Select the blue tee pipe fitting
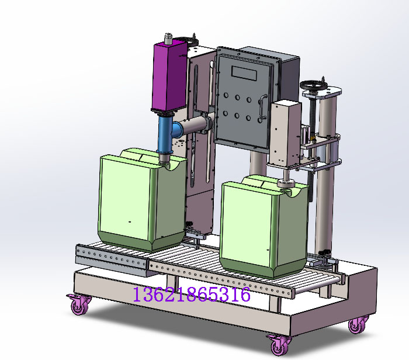[x=166, y=133]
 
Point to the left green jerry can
[x=140, y=199]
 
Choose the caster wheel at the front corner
[x=279, y=344]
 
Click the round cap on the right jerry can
[x=286, y=185]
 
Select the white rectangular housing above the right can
[x=284, y=133]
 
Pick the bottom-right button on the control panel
[x=249, y=119]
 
